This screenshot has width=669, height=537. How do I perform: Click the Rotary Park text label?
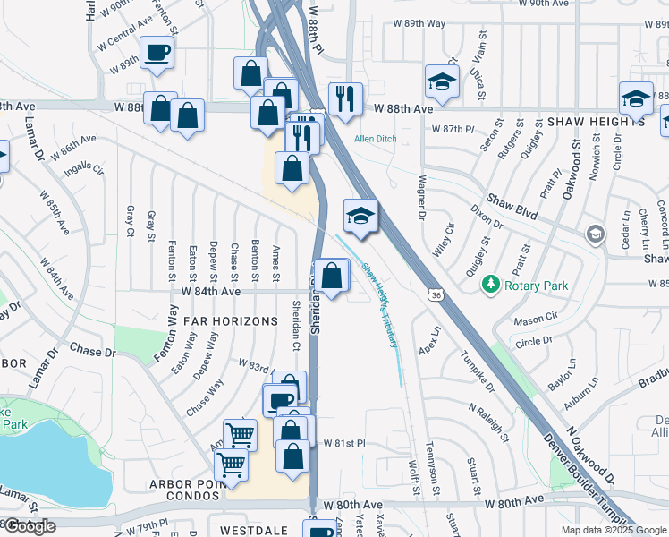537,286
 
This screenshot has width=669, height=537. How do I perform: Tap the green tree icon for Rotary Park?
490,286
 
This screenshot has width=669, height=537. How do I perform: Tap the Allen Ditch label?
377,139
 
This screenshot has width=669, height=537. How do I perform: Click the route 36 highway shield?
436,294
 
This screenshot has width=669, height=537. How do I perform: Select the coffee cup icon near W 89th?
158,53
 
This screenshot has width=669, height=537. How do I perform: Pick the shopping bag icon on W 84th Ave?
332,276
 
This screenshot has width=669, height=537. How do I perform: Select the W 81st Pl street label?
345,443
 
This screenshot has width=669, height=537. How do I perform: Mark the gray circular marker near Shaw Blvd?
595,234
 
